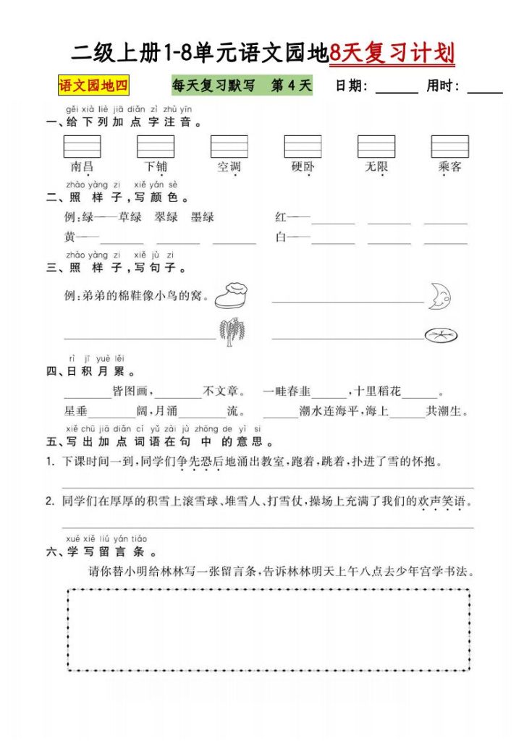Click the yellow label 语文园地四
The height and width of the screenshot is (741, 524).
click(93, 86)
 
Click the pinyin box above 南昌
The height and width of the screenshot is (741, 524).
click(83, 146)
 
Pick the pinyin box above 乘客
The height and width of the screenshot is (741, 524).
click(449, 146)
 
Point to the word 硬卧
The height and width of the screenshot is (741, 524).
click(303, 167)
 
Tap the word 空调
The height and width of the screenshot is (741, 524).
click(229, 167)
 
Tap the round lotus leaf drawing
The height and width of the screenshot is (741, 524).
click(440, 334)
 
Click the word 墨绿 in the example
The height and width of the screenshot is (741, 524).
click(202, 217)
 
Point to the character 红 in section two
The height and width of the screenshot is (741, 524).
click(282, 217)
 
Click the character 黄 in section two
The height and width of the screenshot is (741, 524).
click(70, 237)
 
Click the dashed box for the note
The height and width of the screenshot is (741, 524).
click(269, 629)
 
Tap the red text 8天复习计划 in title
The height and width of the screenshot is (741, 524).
click(392, 53)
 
